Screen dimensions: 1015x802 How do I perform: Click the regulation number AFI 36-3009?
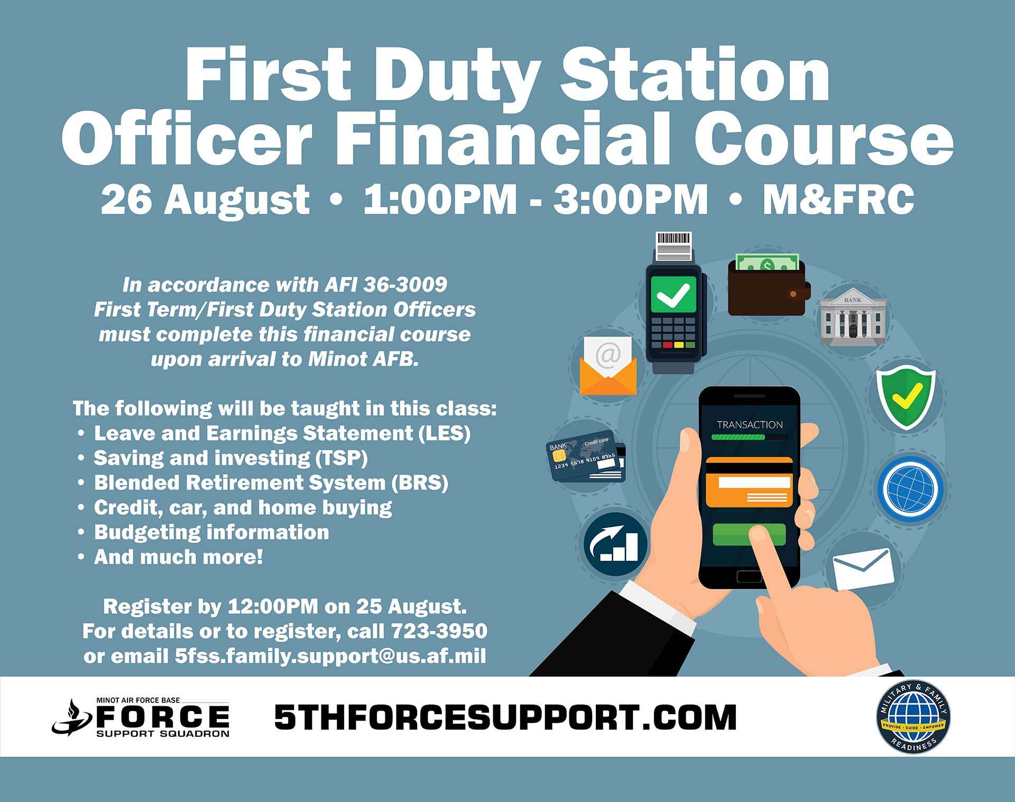coord(386,285)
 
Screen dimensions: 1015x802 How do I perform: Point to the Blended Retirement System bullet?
coord(271,482)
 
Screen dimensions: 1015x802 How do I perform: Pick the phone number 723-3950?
coord(439,631)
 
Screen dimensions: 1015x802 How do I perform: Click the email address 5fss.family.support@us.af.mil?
coord(330,656)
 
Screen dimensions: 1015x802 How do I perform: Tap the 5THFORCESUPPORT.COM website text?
coord(505,717)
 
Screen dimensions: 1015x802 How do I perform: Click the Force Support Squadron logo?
coord(141,717)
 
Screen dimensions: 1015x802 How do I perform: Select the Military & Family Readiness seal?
coord(913,717)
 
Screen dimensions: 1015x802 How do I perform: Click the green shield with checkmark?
coord(906,398)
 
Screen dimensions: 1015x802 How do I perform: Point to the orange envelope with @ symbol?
coord(608,366)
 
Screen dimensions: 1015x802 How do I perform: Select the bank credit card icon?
coord(586,457)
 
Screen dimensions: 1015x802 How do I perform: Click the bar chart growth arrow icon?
coord(616,544)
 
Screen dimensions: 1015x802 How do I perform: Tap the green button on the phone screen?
coord(749,534)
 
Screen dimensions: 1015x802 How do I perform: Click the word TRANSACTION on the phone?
coord(750,425)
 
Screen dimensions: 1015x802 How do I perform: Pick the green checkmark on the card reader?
coord(673,294)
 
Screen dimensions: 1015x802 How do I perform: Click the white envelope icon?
coord(863,569)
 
